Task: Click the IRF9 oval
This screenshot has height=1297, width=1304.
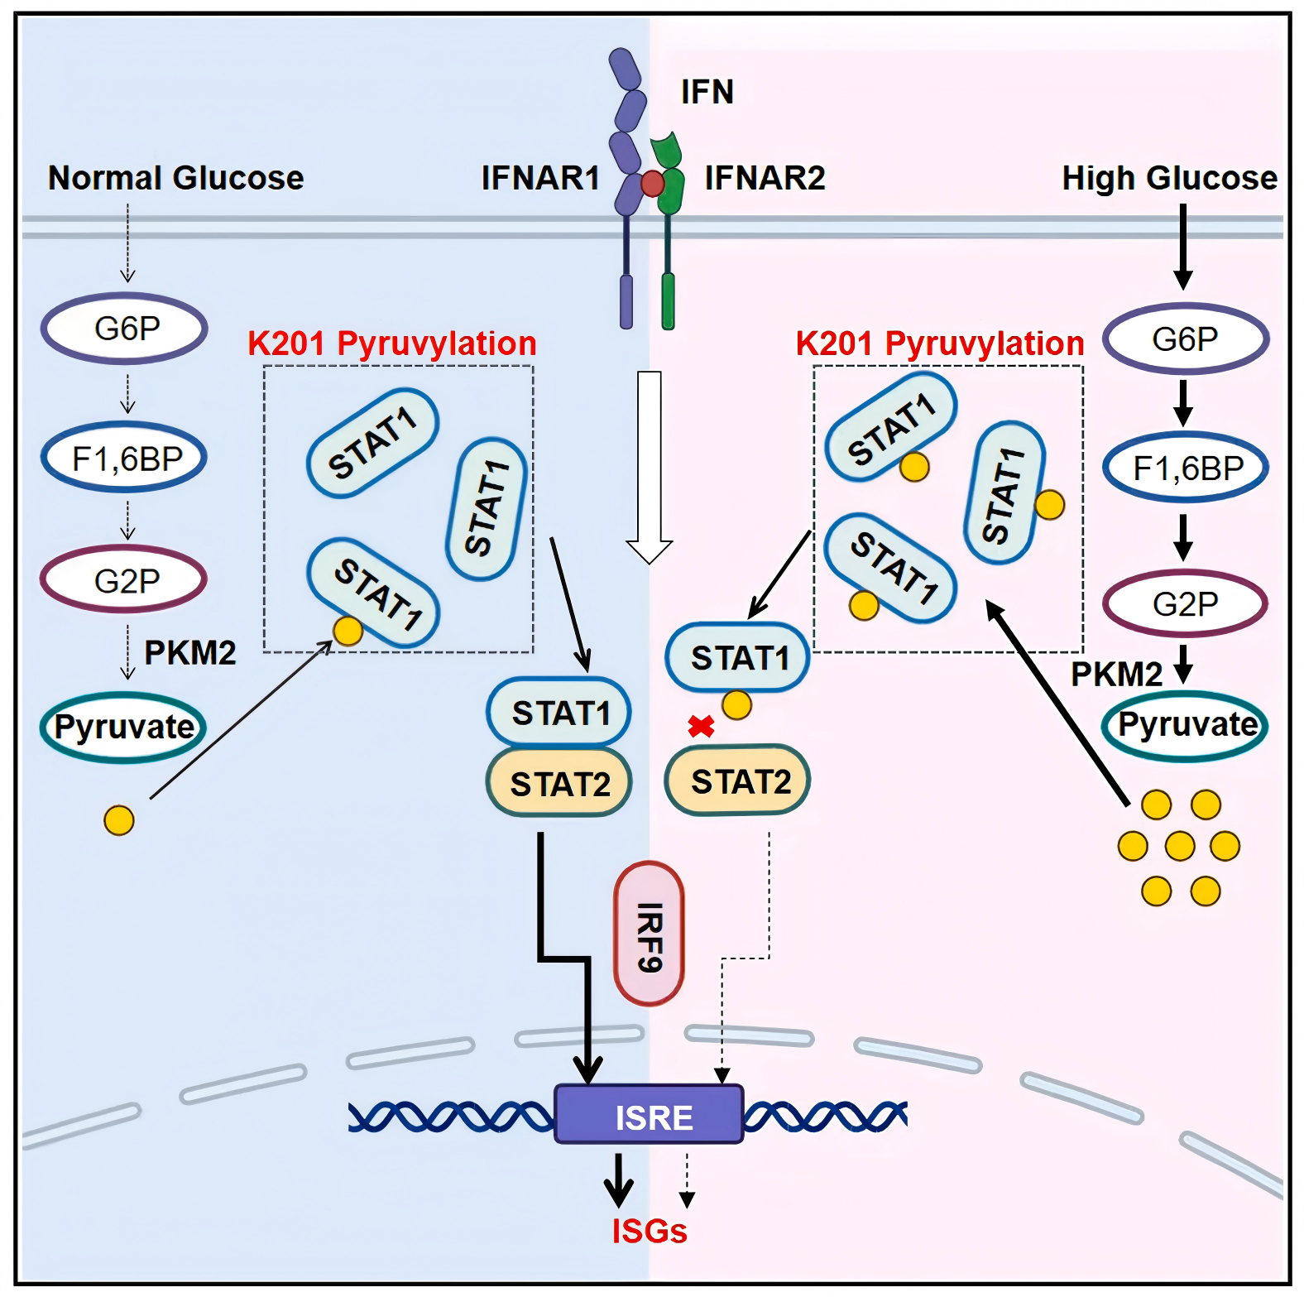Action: pyautogui.click(x=650, y=934)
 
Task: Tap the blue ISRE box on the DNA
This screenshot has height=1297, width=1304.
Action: pyautogui.click(x=650, y=1116)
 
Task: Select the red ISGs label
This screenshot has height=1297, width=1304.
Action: pyautogui.click(x=650, y=1231)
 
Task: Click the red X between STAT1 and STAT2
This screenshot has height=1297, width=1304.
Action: pyautogui.click(x=701, y=727)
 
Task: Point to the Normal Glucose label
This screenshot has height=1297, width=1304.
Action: pyautogui.click(x=175, y=178)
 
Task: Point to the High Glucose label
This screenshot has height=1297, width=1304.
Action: pyautogui.click(x=1169, y=178)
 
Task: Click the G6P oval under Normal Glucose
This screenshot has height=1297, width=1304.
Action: pyautogui.click(x=125, y=329)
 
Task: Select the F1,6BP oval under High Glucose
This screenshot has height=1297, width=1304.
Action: pyautogui.click(x=1186, y=468)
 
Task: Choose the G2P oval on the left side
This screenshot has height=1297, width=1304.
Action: pyautogui.click(x=125, y=580)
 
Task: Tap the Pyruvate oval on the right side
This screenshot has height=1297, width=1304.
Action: pyautogui.click(x=1186, y=726)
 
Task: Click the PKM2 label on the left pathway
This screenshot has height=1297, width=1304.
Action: pyautogui.click(x=190, y=653)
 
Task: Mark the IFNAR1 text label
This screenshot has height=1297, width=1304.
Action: pyautogui.click(x=540, y=178)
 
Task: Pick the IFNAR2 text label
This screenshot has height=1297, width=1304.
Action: pyautogui.click(x=765, y=178)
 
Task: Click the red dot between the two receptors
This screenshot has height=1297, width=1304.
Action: pyautogui.click(x=653, y=184)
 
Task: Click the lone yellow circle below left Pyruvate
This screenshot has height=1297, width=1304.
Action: pyautogui.click(x=119, y=820)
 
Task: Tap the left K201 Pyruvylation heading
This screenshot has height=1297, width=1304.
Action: pyautogui.click(x=391, y=343)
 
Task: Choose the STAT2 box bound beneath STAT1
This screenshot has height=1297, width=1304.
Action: pyautogui.click(x=560, y=783)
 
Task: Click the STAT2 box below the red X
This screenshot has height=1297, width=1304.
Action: pyautogui.click(x=739, y=781)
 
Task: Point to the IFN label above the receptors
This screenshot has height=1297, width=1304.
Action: pyautogui.click(x=707, y=92)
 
